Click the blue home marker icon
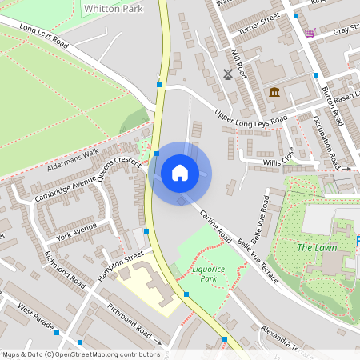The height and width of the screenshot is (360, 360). pos(180,173)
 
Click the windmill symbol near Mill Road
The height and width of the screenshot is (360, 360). pos(227,75)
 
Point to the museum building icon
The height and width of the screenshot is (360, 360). pos(275,93)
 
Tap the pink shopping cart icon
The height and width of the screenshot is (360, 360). pos(309,33)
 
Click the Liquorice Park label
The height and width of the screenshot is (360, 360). pos(209,274)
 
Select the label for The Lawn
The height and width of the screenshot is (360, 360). pos(316,248)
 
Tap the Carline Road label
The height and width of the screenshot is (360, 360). pos(214,227)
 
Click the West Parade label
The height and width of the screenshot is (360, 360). pos(34,309)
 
